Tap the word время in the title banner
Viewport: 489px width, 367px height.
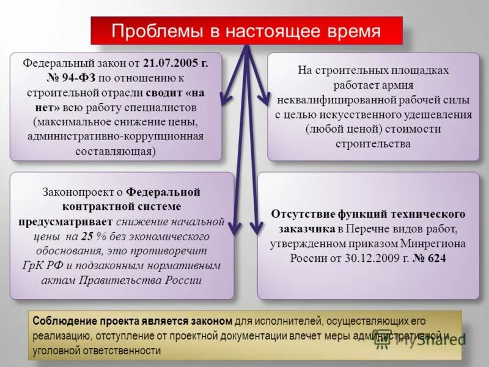coord(351,31)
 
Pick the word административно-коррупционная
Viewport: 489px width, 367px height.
coord(115,136)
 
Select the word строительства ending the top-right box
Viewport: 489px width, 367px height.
coord(373,144)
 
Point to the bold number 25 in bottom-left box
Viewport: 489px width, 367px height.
coord(87,236)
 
